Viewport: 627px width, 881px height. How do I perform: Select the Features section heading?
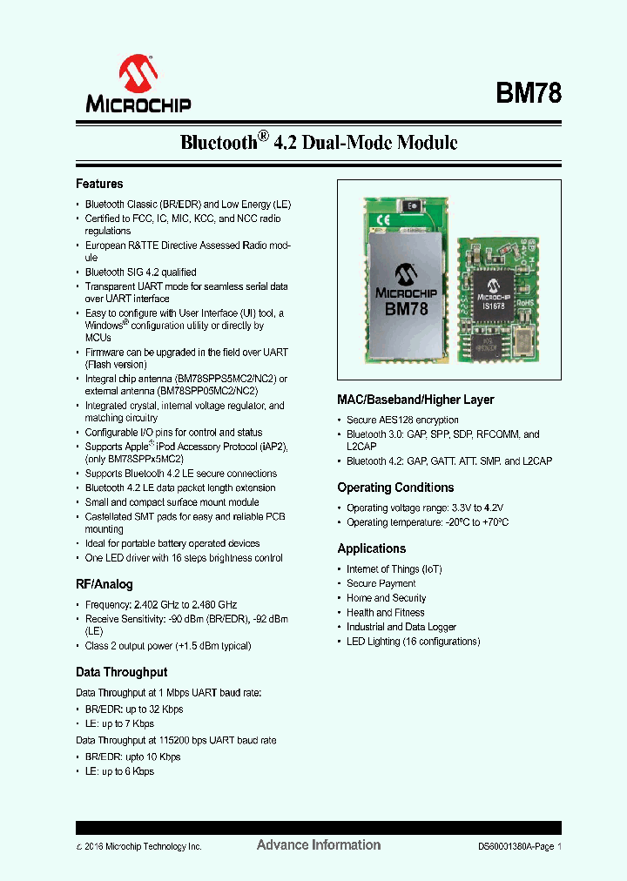point(99,184)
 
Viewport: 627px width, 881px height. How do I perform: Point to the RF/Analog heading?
point(104,584)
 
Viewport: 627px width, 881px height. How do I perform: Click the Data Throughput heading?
point(121,672)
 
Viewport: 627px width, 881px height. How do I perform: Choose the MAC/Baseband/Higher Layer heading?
point(415,400)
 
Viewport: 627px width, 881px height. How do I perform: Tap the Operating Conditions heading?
point(395,488)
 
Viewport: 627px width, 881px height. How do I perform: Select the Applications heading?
point(372,548)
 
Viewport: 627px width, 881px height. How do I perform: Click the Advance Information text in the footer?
point(319,844)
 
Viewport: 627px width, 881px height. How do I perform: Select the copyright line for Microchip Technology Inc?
point(139,846)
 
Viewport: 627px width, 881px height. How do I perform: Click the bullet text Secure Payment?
point(381,583)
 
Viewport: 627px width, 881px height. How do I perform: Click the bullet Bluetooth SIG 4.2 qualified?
point(141,272)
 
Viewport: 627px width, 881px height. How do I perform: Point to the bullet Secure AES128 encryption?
point(402,420)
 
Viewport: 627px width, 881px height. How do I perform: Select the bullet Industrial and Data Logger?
point(401,627)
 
